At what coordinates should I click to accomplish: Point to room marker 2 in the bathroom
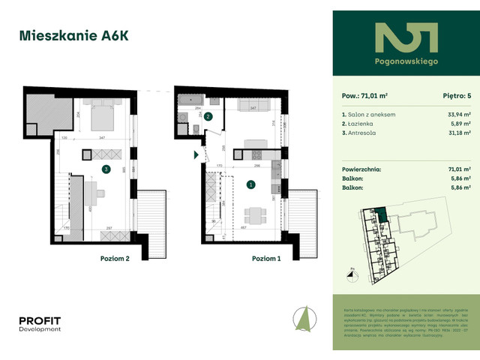coord(209,117)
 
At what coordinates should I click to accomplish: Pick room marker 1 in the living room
coord(250,184)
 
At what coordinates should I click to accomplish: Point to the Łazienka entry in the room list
coord(357,123)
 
